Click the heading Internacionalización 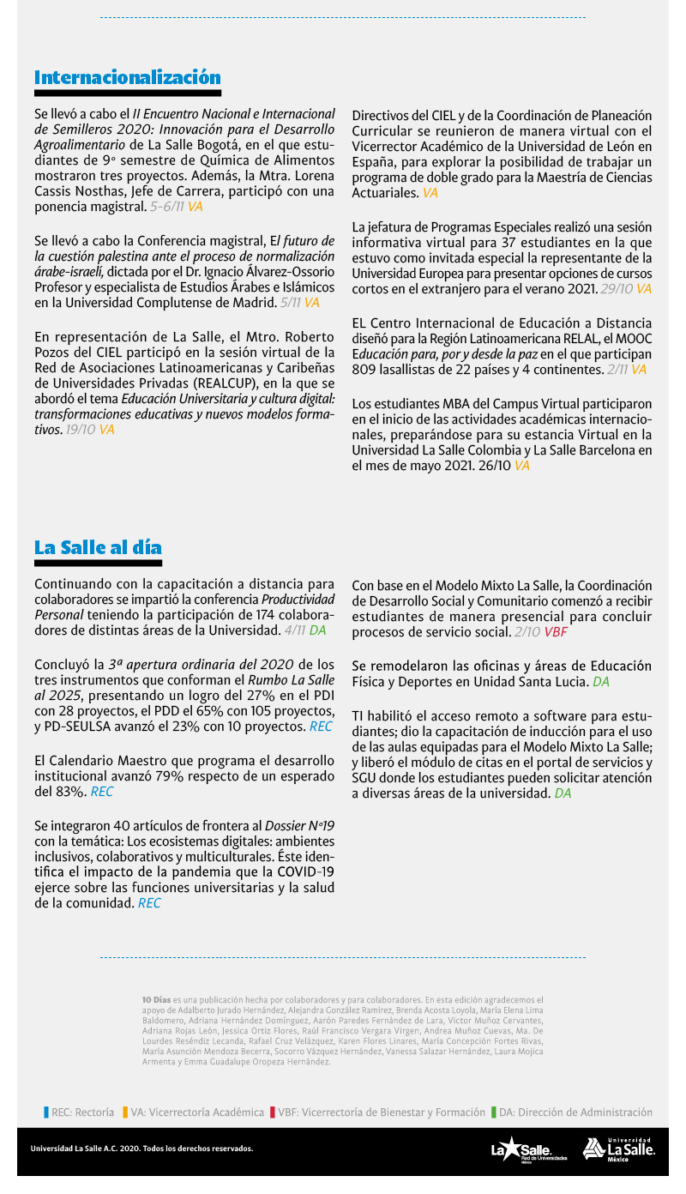(127, 78)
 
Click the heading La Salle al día (98, 548)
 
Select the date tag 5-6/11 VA (176, 207)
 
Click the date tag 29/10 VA (626, 289)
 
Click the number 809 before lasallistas (364, 370)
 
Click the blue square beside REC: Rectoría (46, 1113)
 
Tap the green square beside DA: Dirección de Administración (494, 1113)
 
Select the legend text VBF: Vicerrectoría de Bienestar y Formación (382, 1113)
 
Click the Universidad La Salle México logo (618, 1149)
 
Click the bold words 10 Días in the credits (156, 1000)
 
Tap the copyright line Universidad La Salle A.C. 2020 (141, 1149)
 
